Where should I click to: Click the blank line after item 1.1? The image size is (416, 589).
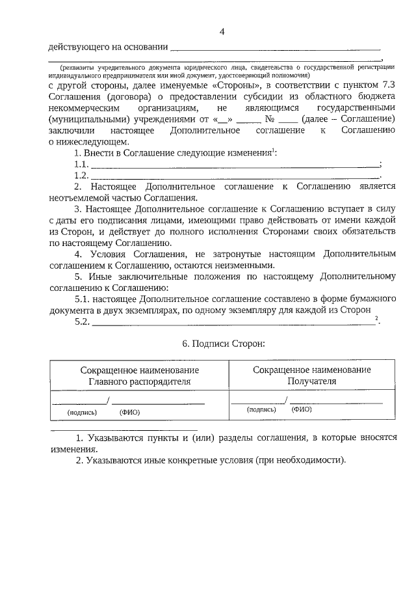click(233, 164)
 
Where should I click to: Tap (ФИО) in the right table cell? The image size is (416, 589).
click(302, 410)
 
